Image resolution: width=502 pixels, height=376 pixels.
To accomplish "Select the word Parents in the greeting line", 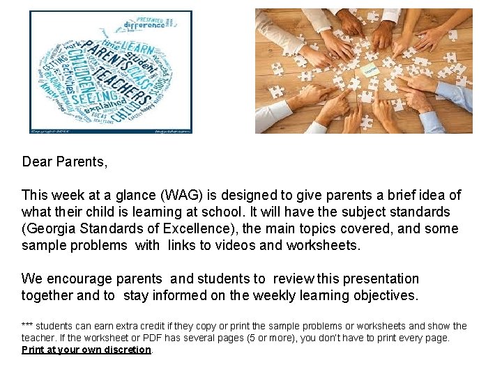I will click(x=81, y=162).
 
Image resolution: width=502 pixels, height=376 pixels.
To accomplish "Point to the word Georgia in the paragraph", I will click(x=51, y=228).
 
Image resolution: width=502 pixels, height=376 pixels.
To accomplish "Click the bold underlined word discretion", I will click(x=124, y=350).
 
